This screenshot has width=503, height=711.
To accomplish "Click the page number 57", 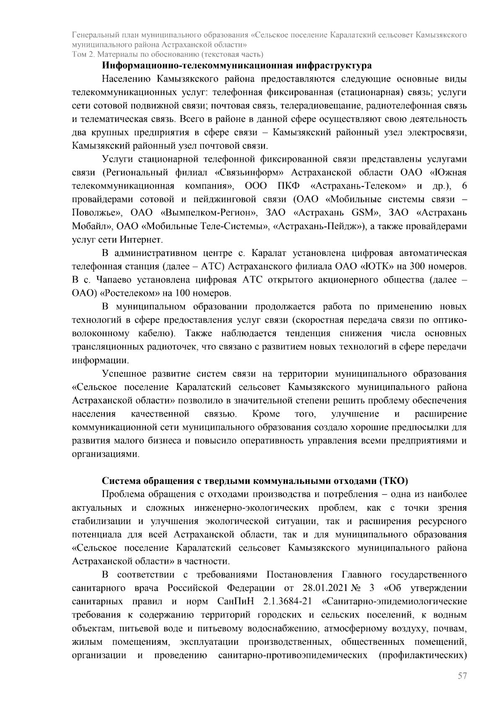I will pos(462,688).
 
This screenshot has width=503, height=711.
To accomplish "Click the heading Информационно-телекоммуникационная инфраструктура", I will pos(237,66).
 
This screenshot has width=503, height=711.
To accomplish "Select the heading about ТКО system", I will pos(255,481).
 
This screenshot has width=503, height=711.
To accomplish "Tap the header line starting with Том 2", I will pos(168,54).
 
